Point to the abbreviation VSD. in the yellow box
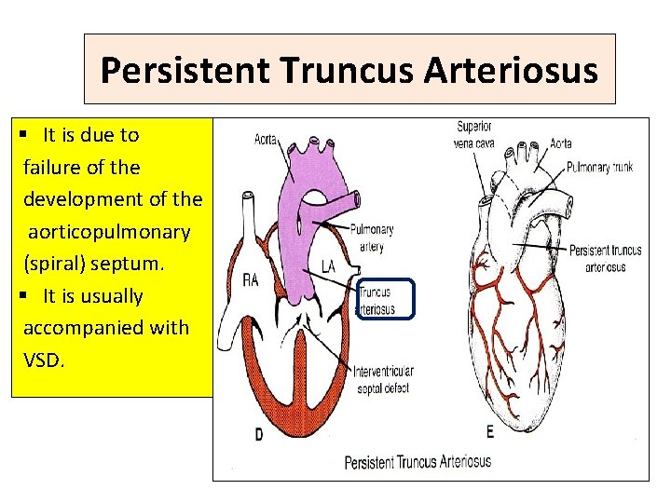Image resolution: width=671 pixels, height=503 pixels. pyautogui.click(x=44, y=360)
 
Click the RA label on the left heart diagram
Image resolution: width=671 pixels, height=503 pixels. pyautogui.click(x=250, y=280)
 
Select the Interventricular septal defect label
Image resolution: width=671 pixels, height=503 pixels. pyautogui.click(x=383, y=377)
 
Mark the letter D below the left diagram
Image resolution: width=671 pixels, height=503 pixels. pyautogui.click(x=257, y=434)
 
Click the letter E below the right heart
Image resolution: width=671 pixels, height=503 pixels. pyautogui.click(x=490, y=431)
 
